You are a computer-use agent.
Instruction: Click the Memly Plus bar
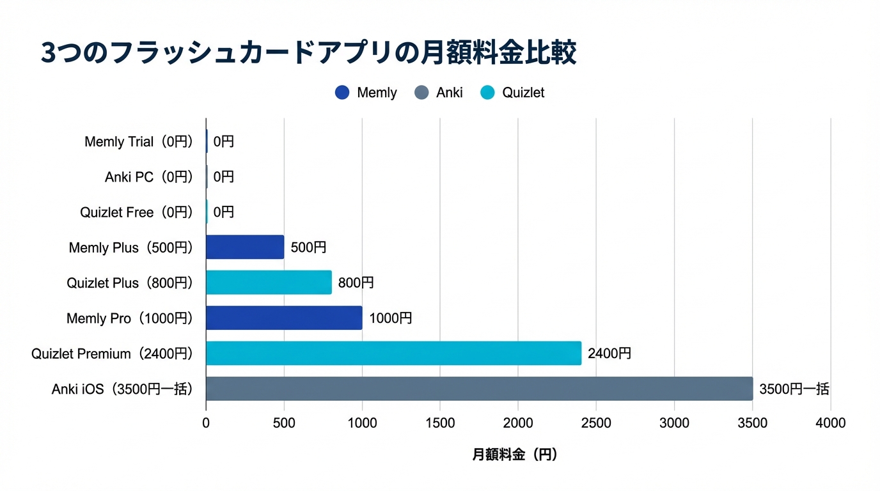(x=245, y=247)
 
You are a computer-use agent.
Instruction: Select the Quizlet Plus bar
(x=269, y=282)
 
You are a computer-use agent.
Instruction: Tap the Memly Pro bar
(x=284, y=318)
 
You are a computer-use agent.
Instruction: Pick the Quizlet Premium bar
(x=393, y=353)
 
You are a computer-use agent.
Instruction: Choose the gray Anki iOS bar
(x=479, y=389)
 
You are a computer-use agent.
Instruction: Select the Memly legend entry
(x=366, y=93)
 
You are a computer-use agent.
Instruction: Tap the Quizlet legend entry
(x=513, y=93)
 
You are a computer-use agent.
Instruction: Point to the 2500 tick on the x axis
(x=596, y=423)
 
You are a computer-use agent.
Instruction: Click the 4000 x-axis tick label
(x=830, y=423)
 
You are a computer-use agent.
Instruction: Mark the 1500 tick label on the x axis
(x=440, y=423)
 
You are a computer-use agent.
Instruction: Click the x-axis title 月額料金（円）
(x=515, y=455)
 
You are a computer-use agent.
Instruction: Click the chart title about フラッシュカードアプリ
(x=309, y=53)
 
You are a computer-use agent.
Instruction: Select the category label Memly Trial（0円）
(x=138, y=141)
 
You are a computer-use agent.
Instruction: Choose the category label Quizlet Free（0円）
(x=136, y=212)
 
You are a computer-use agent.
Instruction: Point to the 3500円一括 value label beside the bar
(x=794, y=389)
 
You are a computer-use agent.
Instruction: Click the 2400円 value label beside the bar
(x=609, y=353)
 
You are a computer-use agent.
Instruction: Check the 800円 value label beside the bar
(x=356, y=282)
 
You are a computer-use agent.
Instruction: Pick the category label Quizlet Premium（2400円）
(x=112, y=353)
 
